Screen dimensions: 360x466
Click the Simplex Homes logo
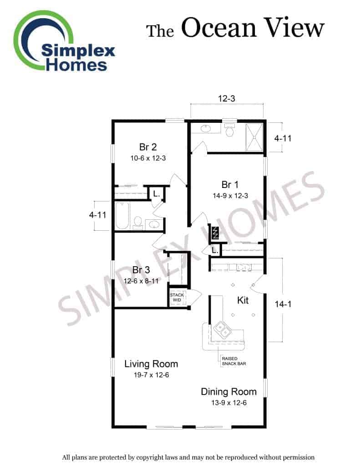(x=64, y=41)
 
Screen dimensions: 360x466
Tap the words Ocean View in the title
(x=253, y=28)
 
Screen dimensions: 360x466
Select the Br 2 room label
(x=148, y=147)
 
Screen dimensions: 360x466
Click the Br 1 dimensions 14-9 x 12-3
(x=230, y=196)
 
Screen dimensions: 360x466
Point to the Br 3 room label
(x=141, y=270)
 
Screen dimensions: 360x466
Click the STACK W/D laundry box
(x=177, y=297)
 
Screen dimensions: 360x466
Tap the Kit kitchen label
(x=243, y=300)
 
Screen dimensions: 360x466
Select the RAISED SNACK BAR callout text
(x=233, y=361)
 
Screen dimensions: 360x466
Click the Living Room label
(x=151, y=364)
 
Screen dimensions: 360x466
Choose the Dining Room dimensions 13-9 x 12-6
(x=229, y=403)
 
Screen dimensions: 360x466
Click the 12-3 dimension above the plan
(x=227, y=98)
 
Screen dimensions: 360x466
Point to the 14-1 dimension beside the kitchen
(x=283, y=304)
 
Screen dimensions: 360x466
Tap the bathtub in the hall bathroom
(x=122, y=216)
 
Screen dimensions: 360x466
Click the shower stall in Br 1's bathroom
(x=254, y=137)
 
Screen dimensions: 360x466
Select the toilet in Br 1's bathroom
(x=229, y=130)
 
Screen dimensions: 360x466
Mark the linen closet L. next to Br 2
(x=157, y=194)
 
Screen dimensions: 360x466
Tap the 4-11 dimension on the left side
(x=97, y=215)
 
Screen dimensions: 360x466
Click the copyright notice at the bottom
(x=188, y=457)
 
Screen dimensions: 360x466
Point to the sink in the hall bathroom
(x=154, y=224)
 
